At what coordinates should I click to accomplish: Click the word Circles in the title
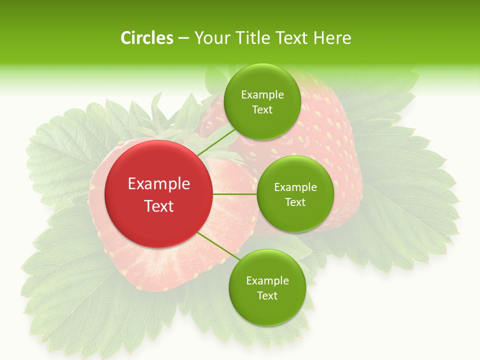[x=146, y=38]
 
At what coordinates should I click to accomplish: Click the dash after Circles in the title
[x=183, y=38]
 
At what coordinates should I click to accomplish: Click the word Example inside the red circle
[x=159, y=184]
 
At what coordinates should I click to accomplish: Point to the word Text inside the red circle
[x=159, y=206]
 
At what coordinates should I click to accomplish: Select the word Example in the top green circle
[x=262, y=95]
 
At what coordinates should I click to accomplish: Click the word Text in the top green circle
[x=262, y=110]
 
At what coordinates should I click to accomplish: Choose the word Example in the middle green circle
[x=295, y=187]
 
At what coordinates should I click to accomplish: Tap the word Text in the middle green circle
[x=295, y=202]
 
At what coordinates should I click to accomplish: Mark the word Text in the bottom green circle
[x=267, y=296]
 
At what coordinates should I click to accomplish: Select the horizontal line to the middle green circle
[x=235, y=194]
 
